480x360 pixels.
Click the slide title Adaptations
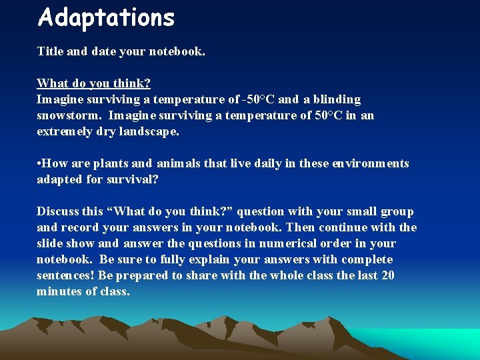pyautogui.click(x=106, y=18)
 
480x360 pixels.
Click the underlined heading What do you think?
pyautogui.click(x=93, y=83)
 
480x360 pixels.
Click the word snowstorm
pyautogui.click(x=69, y=115)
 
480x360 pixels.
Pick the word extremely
pyautogui.click(x=65, y=131)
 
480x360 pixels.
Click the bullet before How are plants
pyautogui.click(x=39, y=163)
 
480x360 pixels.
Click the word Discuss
pyautogui.click(x=58, y=211)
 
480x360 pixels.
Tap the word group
pyautogui.click(x=397, y=211)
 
